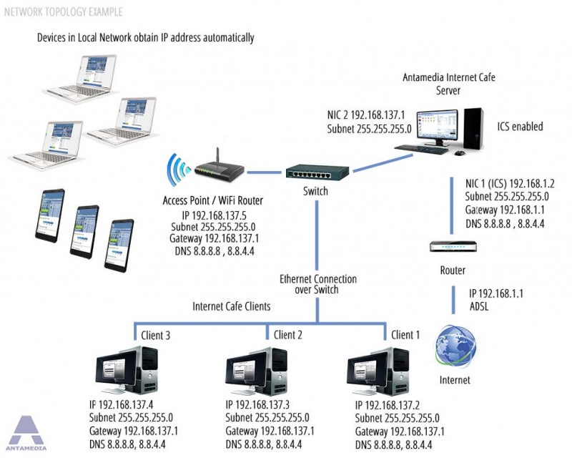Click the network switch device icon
[x=317, y=172]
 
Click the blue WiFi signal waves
[x=176, y=171]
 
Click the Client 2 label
[x=289, y=334]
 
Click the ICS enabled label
[x=520, y=127]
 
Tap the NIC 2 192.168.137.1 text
[x=365, y=115]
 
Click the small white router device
[x=452, y=248]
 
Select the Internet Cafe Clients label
[x=232, y=306]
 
